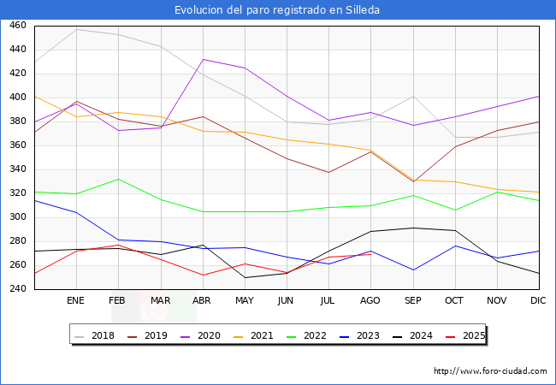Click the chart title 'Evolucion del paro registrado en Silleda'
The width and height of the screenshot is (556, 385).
tap(277, 10)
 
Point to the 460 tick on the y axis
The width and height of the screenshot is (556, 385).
tap(17, 26)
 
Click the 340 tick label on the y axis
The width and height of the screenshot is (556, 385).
tap(17, 169)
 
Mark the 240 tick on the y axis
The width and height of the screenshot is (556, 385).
tap(17, 289)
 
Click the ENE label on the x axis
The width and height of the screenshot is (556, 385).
tap(76, 301)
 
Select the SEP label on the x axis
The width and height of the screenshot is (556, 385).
tap(413, 301)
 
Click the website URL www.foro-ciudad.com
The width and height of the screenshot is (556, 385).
tap(490, 371)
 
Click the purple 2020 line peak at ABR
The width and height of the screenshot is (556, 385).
tap(203, 59)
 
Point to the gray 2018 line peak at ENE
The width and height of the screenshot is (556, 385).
tap(76, 29)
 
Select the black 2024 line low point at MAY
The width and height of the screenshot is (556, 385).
tap(245, 277)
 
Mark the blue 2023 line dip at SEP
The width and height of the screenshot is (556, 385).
tap(413, 270)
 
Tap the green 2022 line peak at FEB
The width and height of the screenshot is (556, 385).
tap(118, 179)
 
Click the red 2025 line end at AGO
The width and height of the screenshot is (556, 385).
tap(370, 254)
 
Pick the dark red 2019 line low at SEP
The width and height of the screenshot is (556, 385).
tap(413, 181)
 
